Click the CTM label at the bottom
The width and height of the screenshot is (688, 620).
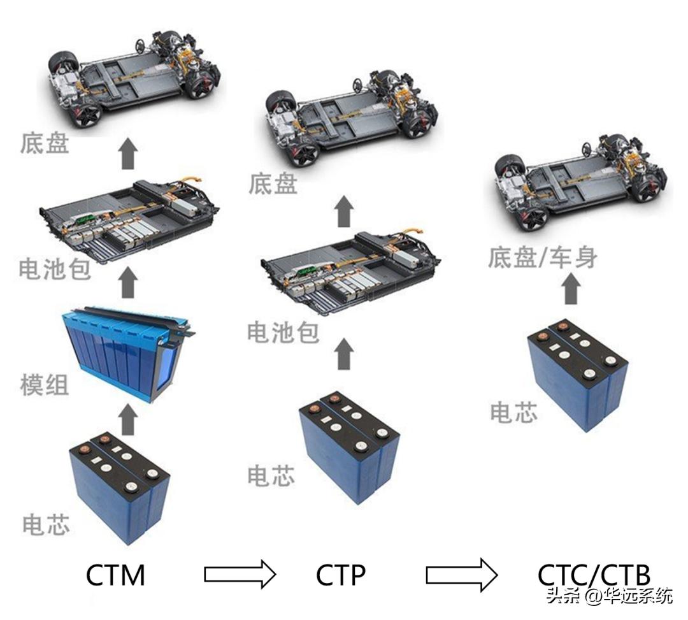115,575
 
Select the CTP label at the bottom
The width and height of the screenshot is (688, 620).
341,575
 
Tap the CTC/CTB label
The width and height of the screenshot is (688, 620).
594,575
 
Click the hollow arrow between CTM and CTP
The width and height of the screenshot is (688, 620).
240,574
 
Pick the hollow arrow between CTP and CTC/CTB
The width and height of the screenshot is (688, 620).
461,574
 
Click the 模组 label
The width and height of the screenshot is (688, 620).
45,385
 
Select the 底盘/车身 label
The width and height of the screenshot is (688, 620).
543,258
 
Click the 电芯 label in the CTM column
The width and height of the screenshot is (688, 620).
46,524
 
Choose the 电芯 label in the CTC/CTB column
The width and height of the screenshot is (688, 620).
513,412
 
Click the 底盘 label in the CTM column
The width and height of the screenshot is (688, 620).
45,144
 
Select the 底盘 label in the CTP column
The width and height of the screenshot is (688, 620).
273,184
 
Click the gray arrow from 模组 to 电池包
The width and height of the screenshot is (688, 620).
129,282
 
